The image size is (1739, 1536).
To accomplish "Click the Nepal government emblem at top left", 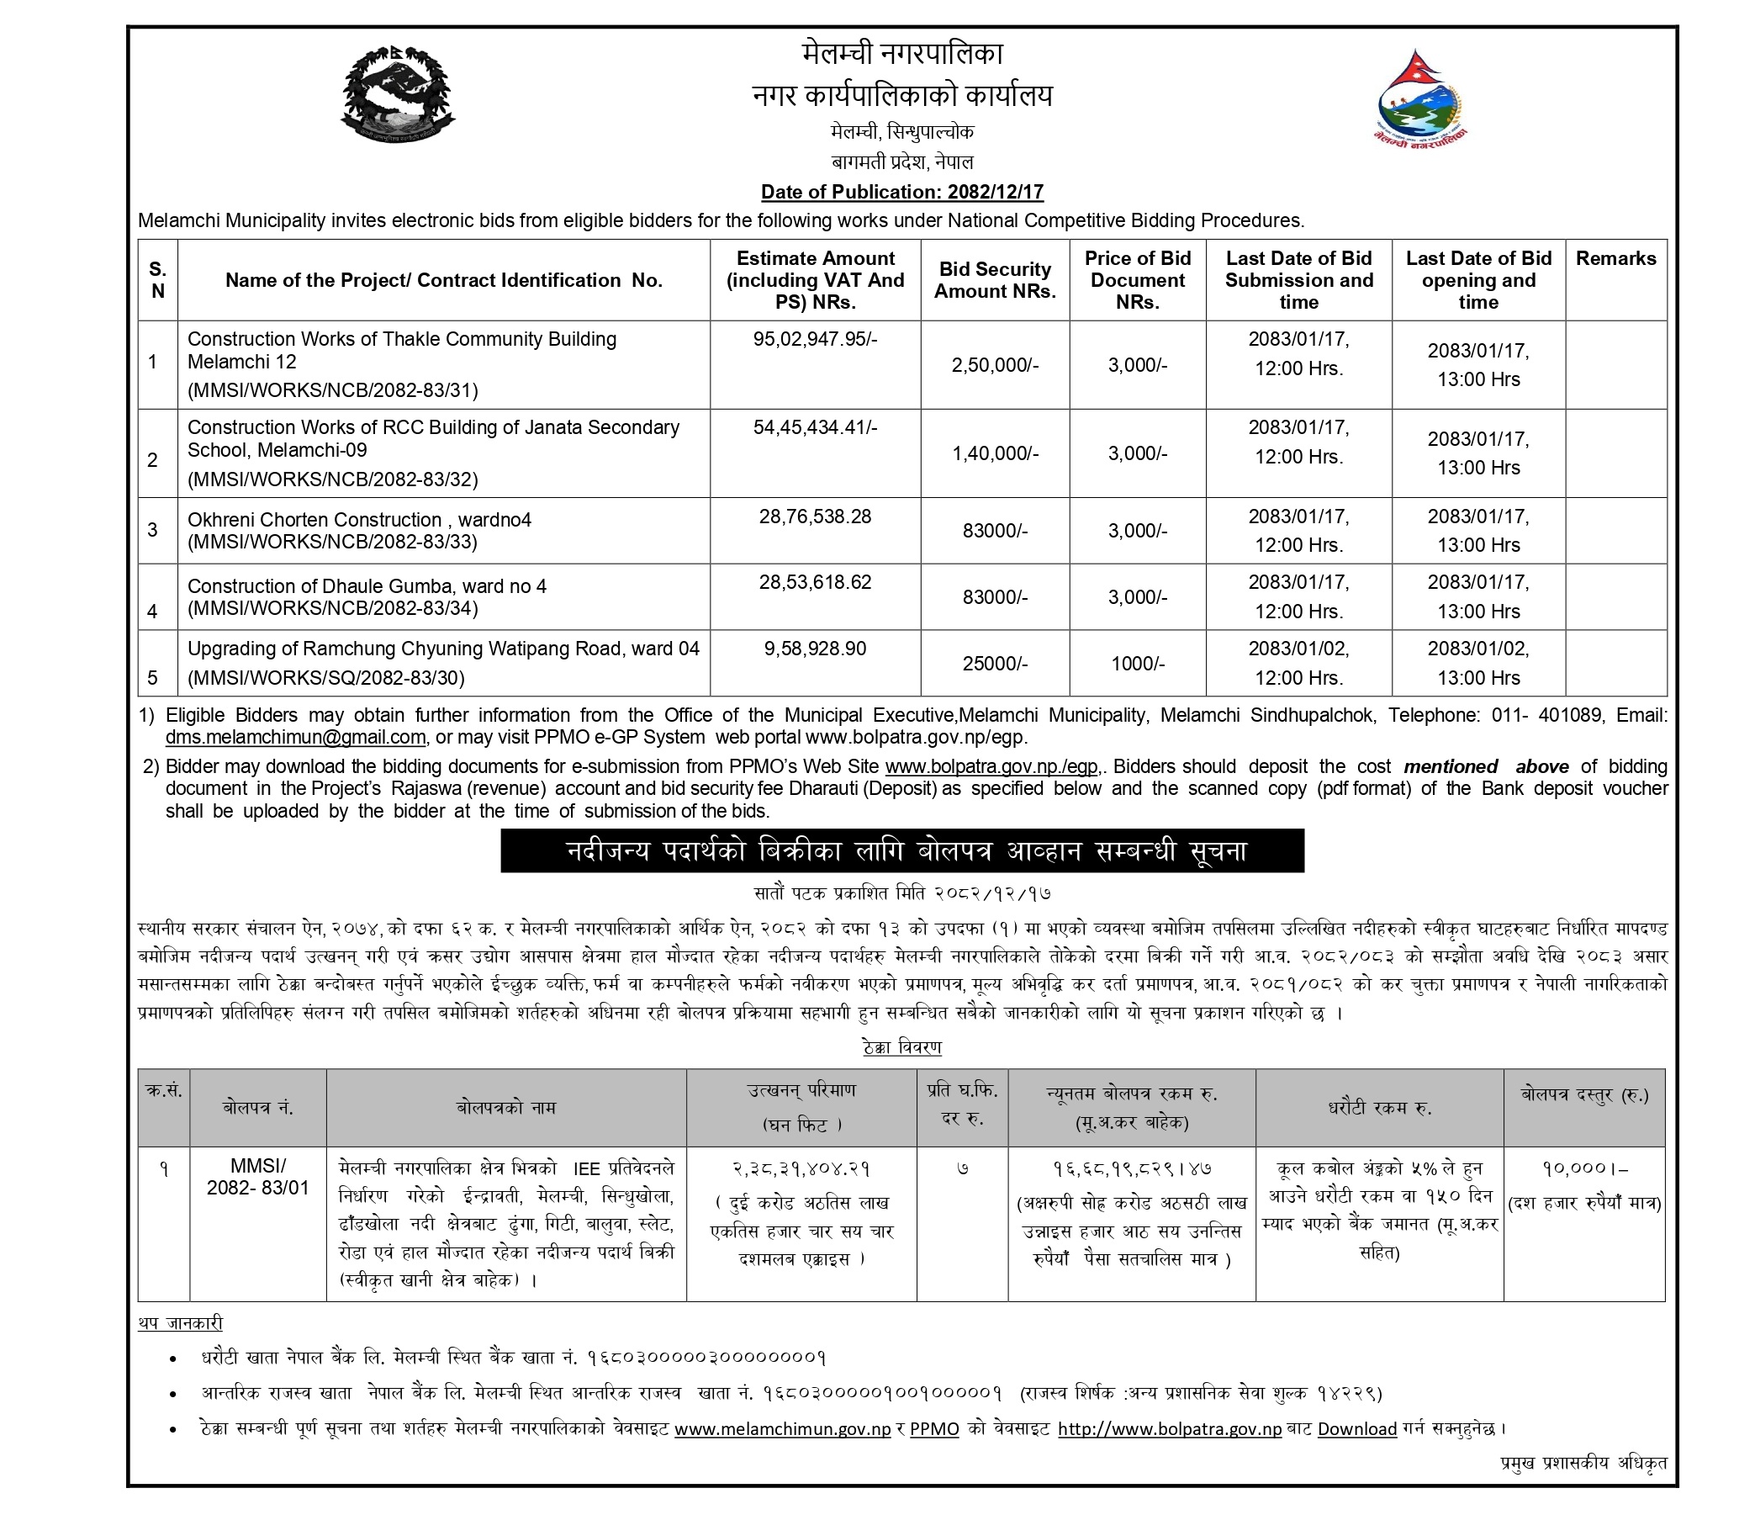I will (x=397, y=95).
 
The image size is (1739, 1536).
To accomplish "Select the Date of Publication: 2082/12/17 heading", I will (x=901, y=193).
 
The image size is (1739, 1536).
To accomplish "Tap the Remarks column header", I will (x=1615, y=259).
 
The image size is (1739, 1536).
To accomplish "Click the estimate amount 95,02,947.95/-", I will (x=815, y=340).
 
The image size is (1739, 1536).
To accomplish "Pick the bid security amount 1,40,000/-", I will (x=995, y=453).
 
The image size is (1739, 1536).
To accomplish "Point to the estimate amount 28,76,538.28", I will (x=815, y=516).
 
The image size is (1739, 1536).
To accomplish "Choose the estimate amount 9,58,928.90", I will (x=815, y=649).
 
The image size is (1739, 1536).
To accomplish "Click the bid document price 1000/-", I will (x=1138, y=664).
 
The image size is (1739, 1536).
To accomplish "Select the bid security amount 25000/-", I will (x=995, y=664).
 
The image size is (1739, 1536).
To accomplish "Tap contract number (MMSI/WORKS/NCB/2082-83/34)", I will (x=333, y=608).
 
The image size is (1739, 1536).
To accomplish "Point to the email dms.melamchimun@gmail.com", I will (x=295, y=737).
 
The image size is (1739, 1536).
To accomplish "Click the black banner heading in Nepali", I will (x=901, y=851).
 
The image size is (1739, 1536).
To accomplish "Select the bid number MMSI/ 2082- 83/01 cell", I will (x=258, y=1177).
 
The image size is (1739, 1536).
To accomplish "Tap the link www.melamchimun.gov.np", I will (x=782, y=1429).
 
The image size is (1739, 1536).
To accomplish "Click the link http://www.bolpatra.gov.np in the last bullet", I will (x=1169, y=1429).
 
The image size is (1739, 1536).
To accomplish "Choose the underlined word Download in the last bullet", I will (x=1357, y=1429).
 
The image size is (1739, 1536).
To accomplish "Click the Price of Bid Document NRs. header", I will (x=1138, y=280).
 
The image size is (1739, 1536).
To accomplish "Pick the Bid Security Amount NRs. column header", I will (x=995, y=280).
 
